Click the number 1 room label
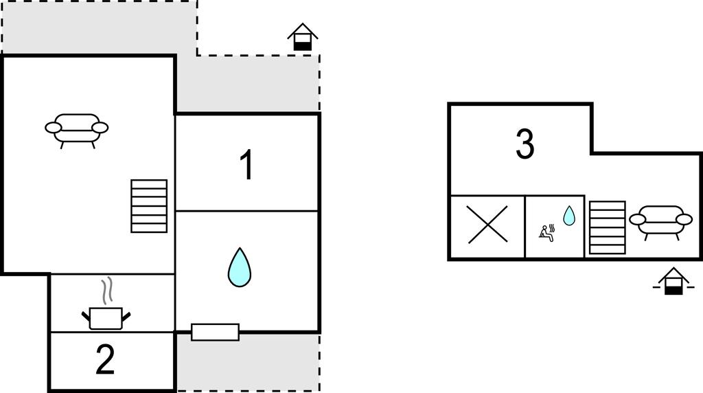247,165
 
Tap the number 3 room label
525,144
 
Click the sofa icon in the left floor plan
77,131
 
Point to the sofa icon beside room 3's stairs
661,223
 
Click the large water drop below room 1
240,267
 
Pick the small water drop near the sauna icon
569,215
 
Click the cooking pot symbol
106,319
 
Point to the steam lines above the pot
106,291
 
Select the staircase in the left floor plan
149,206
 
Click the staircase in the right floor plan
607,227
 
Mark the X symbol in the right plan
488,224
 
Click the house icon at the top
303,37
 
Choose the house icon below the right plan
673,281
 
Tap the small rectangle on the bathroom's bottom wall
215,332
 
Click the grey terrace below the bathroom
248,362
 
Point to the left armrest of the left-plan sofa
54,128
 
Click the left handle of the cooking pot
86,317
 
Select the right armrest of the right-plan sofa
684,219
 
